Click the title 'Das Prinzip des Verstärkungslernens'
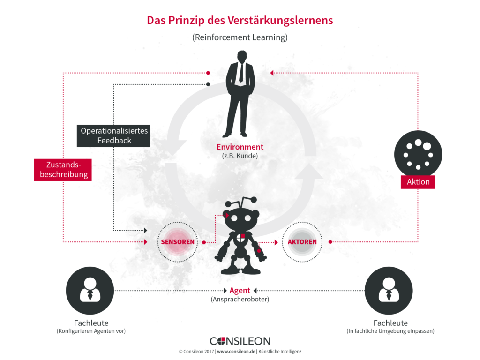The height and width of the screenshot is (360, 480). pyautogui.click(x=240, y=20)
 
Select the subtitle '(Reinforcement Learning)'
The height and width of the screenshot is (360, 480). pyautogui.click(x=240, y=37)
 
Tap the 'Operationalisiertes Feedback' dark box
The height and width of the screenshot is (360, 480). pyautogui.click(x=113, y=135)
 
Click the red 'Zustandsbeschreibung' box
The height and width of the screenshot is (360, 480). pyautogui.click(x=63, y=170)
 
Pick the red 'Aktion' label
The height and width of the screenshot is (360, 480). pyautogui.click(x=418, y=182)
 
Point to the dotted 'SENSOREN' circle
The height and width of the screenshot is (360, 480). pyautogui.click(x=178, y=222)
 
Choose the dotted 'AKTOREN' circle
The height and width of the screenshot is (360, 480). pyautogui.click(x=302, y=222)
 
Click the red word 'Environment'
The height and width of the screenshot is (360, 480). pyautogui.click(x=240, y=147)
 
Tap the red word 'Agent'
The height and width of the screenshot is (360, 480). pyautogui.click(x=240, y=290)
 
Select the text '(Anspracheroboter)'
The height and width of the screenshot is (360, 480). pyautogui.click(x=240, y=299)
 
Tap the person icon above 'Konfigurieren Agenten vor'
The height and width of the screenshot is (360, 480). pyautogui.click(x=90, y=291)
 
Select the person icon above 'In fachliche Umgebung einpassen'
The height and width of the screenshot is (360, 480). pyautogui.click(x=389, y=291)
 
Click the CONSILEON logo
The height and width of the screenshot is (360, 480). pyautogui.click(x=240, y=341)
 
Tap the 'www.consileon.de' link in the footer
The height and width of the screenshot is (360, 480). pyautogui.click(x=236, y=352)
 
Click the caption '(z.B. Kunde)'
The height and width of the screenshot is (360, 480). pyautogui.click(x=240, y=156)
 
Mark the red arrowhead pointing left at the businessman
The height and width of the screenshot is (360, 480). pyautogui.click(x=272, y=73)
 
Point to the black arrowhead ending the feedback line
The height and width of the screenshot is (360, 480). pyautogui.click(x=146, y=230)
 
